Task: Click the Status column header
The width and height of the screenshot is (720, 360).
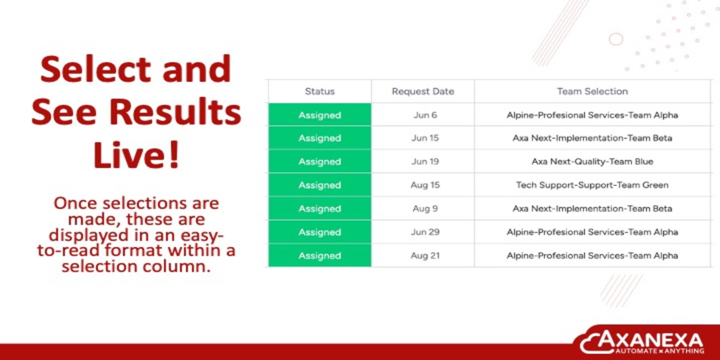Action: [319, 91]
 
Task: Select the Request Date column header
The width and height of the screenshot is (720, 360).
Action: [423, 91]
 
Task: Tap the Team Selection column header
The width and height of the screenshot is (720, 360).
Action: [592, 91]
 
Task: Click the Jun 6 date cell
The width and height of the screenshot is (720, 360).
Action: [423, 115]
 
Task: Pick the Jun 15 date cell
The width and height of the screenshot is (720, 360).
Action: [423, 138]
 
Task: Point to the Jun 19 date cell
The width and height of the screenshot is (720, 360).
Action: [423, 161]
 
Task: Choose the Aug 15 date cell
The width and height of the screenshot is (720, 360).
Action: [423, 185]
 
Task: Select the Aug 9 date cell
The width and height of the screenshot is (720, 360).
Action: [423, 208]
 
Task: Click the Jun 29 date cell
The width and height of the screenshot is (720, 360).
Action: [423, 232]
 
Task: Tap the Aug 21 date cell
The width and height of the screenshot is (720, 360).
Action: [423, 255]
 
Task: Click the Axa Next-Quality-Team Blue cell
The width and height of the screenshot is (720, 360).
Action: [592, 161]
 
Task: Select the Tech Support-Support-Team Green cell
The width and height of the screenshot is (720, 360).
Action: [592, 185]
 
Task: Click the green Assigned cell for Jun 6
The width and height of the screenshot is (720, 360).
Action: [319, 115]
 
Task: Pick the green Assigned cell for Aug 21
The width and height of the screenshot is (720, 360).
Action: [319, 255]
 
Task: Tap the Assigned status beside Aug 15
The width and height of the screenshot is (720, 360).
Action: [319, 185]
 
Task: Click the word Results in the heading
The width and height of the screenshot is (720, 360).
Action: [175, 112]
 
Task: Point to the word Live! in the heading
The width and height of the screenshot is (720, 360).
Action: [136, 154]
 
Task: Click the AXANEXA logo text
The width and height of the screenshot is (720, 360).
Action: [650, 340]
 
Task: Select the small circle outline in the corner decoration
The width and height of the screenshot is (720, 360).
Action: [616, 39]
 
